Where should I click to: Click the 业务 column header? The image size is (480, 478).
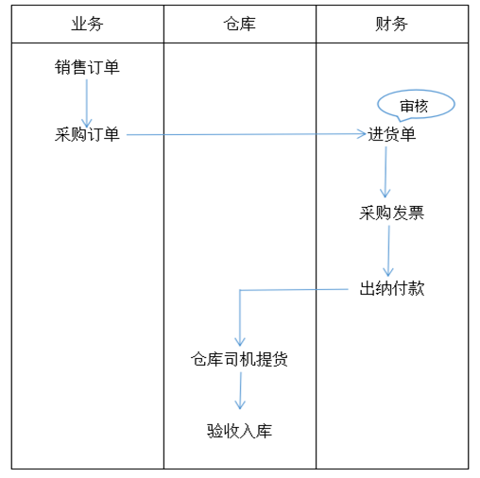(87, 25)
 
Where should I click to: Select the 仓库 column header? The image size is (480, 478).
(239, 25)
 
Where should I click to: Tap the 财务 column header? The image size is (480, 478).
(391, 25)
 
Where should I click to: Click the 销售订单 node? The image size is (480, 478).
(87, 67)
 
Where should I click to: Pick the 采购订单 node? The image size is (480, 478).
(87, 134)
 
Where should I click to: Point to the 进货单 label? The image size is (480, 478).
(392, 134)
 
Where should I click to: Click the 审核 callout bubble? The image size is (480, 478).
(416, 105)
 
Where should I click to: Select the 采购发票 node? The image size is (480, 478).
(392, 213)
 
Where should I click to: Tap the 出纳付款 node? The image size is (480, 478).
(392, 288)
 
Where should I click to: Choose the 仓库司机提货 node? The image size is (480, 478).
(239, 359)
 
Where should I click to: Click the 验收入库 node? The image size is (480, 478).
(239, 431)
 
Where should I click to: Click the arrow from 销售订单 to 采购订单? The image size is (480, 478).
(87, 103)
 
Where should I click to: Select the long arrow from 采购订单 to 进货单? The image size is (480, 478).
(247, 134)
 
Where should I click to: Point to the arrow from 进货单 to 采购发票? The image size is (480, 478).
(386, 172)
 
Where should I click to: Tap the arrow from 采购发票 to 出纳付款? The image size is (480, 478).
(388, 251)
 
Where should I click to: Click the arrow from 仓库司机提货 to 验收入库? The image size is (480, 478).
(240, 391)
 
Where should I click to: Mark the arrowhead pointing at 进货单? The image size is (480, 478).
(362, 134)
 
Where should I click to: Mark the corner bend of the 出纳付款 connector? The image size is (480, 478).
(240, 290)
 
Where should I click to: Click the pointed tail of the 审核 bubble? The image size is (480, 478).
(401, 121)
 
